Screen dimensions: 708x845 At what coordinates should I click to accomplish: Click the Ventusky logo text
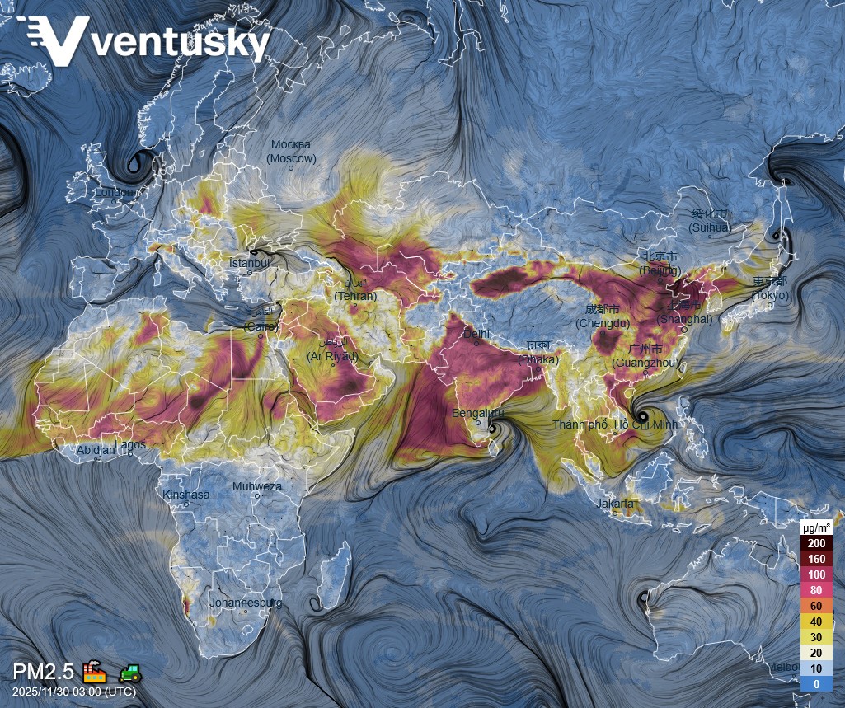coord(181,42)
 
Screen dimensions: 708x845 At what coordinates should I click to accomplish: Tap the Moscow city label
coord(291,152)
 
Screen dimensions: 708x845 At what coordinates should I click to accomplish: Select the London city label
coord(114,193)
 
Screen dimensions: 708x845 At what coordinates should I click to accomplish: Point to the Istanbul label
coord(250,263)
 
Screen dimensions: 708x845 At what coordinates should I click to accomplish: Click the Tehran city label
coord(355,296)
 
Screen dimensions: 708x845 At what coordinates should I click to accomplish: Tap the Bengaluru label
coord(477,413)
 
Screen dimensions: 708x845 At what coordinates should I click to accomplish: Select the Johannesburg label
coord(246,603)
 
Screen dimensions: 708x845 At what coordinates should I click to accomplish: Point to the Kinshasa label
coord(186,495)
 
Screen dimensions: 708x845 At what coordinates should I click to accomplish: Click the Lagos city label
coord(130,444)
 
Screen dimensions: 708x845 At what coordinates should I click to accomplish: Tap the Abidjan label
coord(96,451)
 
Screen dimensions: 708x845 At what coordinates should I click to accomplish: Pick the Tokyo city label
coord(769,295)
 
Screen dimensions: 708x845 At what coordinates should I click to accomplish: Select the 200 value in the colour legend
coord(816,543)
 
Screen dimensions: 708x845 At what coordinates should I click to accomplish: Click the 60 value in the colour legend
coord(816,606)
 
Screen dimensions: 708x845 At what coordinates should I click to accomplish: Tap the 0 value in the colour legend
coord(816,684)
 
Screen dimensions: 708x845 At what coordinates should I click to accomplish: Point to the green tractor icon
coord(130,673)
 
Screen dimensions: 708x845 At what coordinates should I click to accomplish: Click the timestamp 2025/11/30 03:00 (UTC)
coord(74,692)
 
